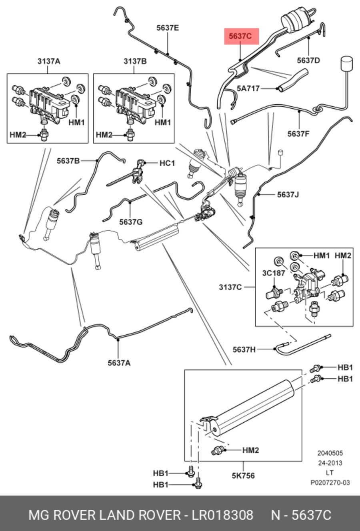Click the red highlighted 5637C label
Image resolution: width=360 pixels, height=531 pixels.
242,36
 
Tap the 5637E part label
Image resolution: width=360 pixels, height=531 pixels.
168,28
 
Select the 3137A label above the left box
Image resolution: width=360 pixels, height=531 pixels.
49,62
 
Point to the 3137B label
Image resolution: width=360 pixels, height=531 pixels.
135,62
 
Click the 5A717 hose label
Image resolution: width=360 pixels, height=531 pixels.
248,88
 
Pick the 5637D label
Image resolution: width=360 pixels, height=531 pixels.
308,60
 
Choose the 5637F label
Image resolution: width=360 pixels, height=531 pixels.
298,134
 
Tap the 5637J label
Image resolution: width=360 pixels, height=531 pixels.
288,195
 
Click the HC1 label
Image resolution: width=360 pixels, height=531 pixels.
167,163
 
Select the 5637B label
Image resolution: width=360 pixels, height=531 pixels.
68,161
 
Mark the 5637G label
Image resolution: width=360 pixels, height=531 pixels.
131,222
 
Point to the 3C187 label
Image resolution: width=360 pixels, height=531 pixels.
274,273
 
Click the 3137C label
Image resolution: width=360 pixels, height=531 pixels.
230,287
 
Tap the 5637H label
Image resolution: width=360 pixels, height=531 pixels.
244,349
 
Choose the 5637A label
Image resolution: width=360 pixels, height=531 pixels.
119,363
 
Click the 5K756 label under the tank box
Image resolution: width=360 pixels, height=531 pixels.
243,476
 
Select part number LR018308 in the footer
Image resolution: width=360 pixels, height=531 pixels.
222,515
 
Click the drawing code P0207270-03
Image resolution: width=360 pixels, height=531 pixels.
330,482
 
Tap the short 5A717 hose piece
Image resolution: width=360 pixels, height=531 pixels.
293,80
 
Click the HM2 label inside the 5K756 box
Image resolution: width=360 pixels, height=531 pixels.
251,450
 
